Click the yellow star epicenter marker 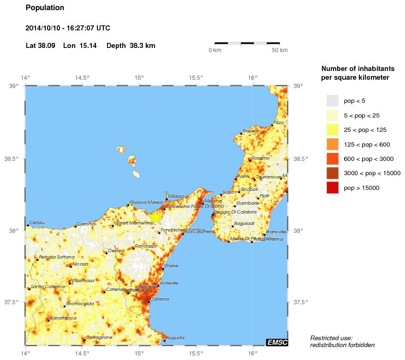pos(155,216)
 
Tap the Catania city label pos(160,299)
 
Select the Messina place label pos(213,201)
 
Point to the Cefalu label pos(37,223)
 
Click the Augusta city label pos(175,338)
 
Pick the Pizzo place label pos(279,123)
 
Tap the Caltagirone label pos(99,337)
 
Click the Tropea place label pos(250,131)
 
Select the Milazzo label pos(176,196)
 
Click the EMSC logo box pos(277,342)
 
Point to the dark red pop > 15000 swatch pos(332,188)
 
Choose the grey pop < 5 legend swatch pos(332,100)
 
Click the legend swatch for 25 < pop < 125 pos(332,130)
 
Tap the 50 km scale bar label pos(280,50)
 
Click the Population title pos(45,8)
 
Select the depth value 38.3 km pos(143,46)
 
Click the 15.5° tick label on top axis pos(196,77)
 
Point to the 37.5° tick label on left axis pos(12,302)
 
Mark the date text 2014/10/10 pos(42,28)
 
